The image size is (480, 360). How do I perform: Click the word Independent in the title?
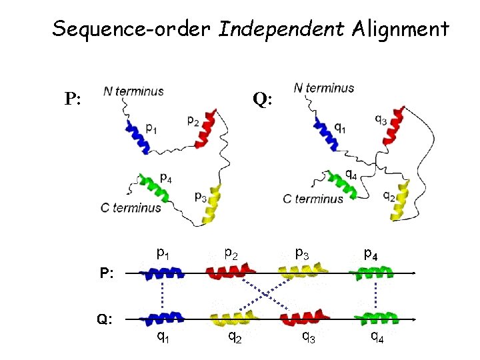(x=281, y=29)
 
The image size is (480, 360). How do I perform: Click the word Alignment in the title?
(x=400, y=29)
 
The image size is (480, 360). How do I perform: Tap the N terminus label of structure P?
(x=133, y=92)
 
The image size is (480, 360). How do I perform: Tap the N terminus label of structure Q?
(x=324, y=87)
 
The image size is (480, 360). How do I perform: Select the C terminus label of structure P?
(x=131, y=207)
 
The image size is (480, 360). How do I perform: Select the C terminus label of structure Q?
(x=313, y=198)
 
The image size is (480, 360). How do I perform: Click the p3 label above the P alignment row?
(x=302, y=253)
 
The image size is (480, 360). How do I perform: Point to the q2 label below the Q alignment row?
(x=234, y=337)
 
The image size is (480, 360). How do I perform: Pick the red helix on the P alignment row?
(x=228, y=272)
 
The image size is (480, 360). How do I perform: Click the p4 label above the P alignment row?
(x=371, y=254)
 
